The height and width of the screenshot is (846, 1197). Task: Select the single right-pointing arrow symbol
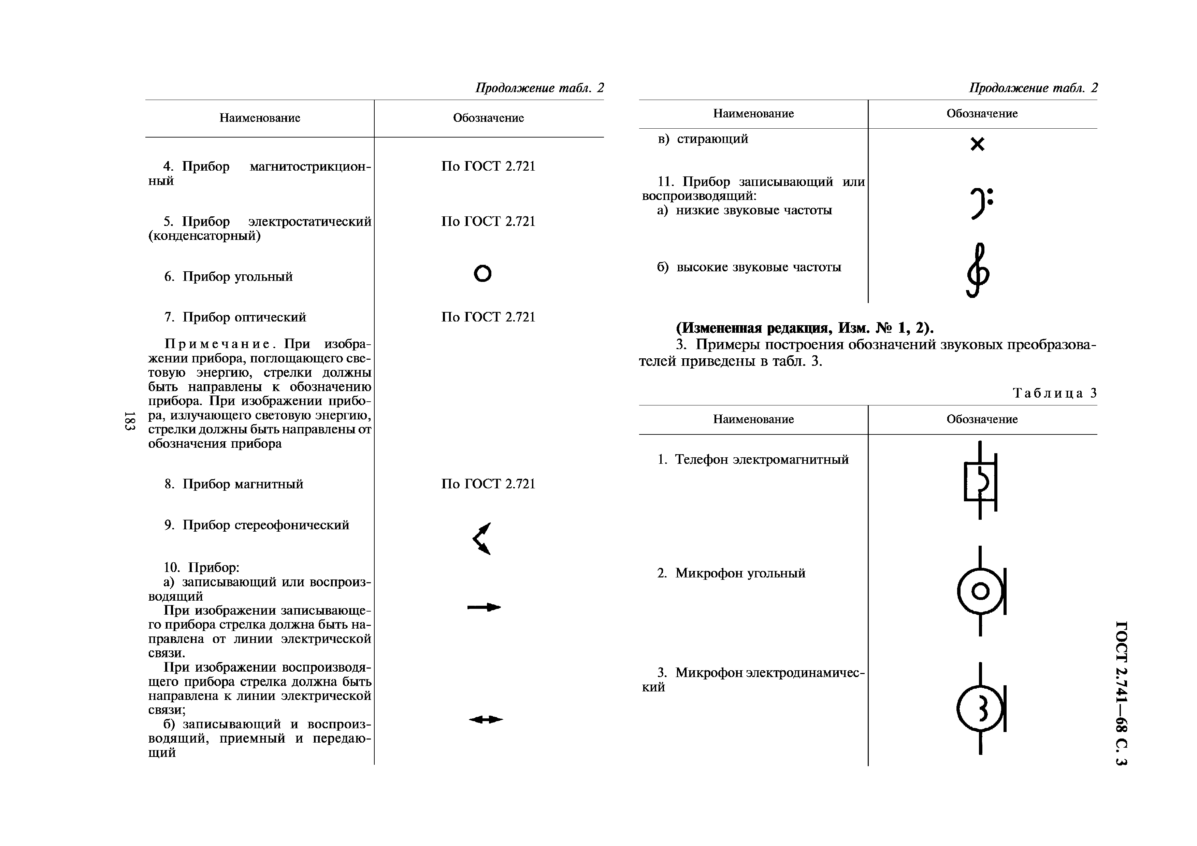point(484,607)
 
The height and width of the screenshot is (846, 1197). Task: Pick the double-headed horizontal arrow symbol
point(485,720)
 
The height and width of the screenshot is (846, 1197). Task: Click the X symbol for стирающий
point(978,144)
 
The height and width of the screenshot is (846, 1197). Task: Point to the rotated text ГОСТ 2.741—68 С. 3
point(1121,693)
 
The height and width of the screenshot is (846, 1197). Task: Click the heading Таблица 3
point(1054,393)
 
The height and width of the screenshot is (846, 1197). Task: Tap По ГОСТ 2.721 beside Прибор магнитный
point(488,484)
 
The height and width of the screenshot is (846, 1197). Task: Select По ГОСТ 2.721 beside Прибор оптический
point(488,317)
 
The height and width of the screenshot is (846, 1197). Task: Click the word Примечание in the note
point(217,344)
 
